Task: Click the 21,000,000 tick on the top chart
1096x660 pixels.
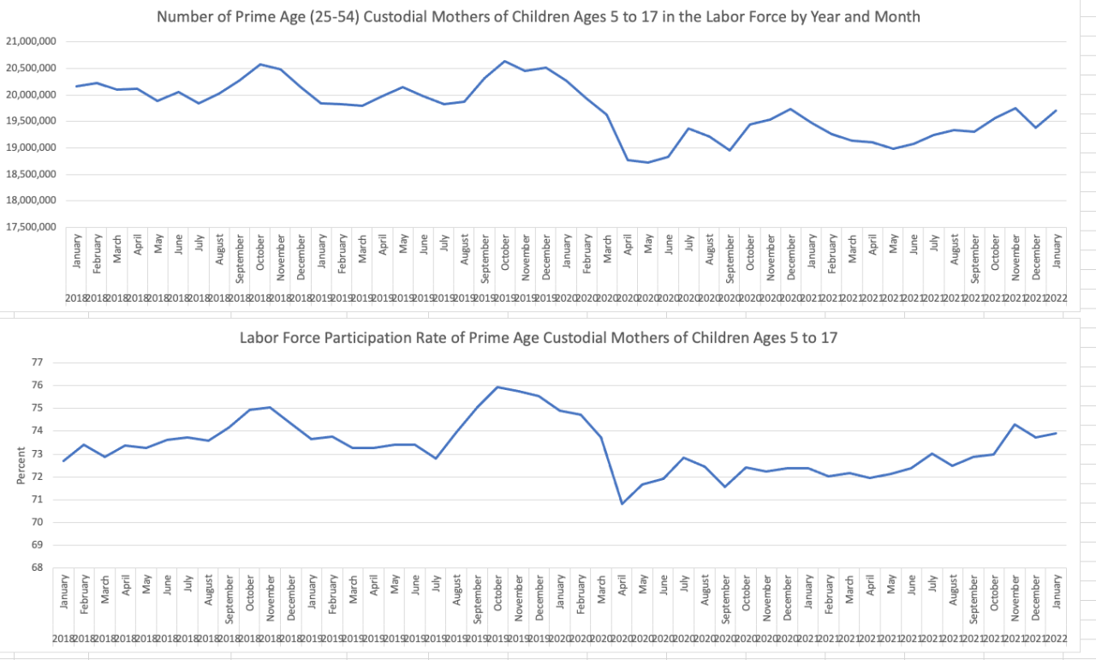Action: click(x=30, y=41)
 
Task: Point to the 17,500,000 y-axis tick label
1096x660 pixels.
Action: click(x=30, y=227)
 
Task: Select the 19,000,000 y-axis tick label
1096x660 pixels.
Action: click(x=30, y=147)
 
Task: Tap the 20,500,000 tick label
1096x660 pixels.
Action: click(x=30, y=68)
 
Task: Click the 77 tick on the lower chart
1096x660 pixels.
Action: click(x=37, y=363)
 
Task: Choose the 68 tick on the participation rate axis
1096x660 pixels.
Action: click(x=37, y=567)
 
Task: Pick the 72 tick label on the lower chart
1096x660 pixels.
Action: click(x=37, y=477)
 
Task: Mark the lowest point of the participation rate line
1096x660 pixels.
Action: click(x=622, y=503)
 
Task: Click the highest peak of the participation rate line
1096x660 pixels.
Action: click(x=497, y=387)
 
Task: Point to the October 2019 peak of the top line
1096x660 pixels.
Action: click(x=504, y=61)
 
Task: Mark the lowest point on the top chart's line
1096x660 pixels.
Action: click(x=648, y=162)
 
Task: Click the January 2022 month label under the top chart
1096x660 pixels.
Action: click(x=1057, y=252)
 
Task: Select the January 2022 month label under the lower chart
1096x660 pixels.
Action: click(x=1057, y=592)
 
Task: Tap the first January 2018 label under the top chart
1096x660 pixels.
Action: click(x=77, y=252)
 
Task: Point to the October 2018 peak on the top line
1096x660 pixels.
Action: click(x=260, y=64)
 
